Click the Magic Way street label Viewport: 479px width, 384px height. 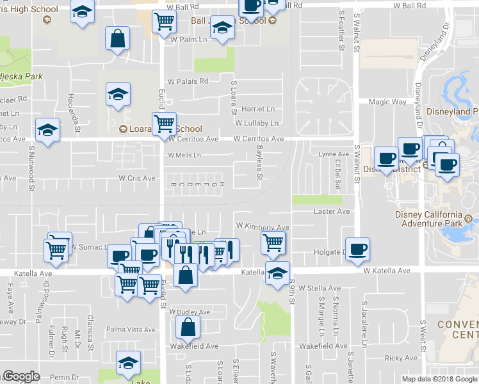[387, 102]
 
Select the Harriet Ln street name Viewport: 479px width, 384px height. [257, 109]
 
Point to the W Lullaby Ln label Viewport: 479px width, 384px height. [257, 123]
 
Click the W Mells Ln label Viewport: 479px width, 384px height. [184, 155]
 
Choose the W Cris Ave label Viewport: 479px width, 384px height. [136, 178]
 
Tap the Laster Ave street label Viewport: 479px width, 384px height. [332, 211]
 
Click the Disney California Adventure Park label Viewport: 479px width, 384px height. [431, 219]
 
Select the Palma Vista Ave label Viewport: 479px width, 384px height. [131, 330]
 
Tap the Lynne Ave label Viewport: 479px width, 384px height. [334, 154]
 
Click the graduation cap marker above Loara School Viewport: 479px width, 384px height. [118, 94]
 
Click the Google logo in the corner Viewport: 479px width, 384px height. [20, 377]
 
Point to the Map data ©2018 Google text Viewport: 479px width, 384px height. [439, 379]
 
